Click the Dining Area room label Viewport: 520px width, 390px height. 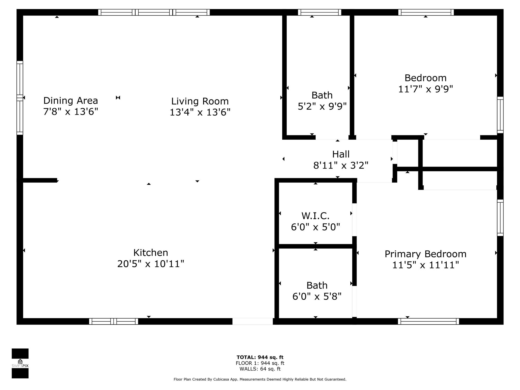coord(71,101)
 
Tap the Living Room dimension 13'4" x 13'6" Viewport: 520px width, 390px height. coord(200,112)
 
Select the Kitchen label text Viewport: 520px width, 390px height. coord(151,253)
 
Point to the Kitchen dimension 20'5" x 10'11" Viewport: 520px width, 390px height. coord(151,264)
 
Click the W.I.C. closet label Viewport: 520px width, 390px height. coord(315,216)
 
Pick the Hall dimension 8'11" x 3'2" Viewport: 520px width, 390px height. coord(341,166)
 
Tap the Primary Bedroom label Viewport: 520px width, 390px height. coord(426,254)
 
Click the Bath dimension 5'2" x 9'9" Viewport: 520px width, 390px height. coord(322,106)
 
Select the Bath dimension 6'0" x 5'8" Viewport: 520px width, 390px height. coord(317,296)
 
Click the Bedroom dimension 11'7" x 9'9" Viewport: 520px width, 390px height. coord(426,89)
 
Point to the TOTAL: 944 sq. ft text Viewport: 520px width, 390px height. coord(260,357)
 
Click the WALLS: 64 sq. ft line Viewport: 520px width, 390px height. coord(260,369)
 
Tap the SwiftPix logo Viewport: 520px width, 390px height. coord(20,363)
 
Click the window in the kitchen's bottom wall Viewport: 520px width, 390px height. coord(113,321)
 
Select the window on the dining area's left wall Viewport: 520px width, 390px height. coord(20,98)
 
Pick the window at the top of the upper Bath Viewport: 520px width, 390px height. coord(319,12)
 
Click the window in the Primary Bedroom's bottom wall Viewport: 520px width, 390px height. coord(428,321)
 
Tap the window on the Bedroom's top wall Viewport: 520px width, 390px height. coord(426,12)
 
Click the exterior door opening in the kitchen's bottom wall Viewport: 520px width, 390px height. coord(253,321)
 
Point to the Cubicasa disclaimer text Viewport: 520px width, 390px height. coord(260,379)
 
